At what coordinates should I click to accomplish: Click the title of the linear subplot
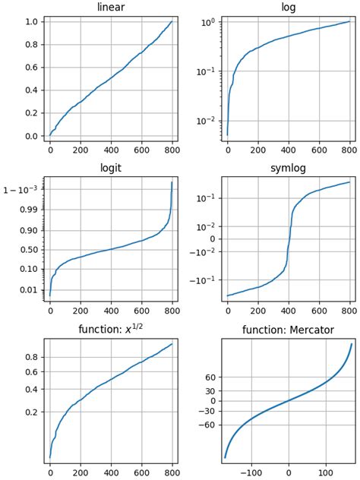(111, 8)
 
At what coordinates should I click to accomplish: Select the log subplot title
(289, 8)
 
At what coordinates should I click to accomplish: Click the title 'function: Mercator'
(289, 330)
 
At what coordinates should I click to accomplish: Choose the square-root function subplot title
(111, 330)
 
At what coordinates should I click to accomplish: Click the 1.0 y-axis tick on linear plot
(31, 22)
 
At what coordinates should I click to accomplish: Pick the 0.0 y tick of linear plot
(31, 137)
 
